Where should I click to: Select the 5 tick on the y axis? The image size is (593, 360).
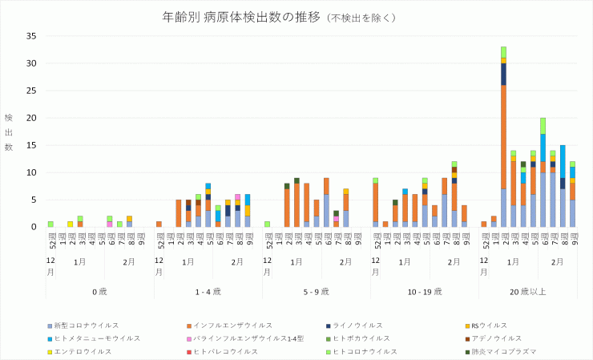34,200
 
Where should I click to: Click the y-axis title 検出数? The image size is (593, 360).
9,132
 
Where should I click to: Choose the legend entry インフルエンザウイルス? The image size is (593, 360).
229,326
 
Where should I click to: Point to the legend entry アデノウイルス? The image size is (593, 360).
493,338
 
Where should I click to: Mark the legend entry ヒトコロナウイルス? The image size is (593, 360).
365,351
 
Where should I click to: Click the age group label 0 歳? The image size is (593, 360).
99,292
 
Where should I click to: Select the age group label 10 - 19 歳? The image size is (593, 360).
424,292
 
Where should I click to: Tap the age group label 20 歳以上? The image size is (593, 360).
532,292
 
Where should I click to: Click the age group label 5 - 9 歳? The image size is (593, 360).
316,292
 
